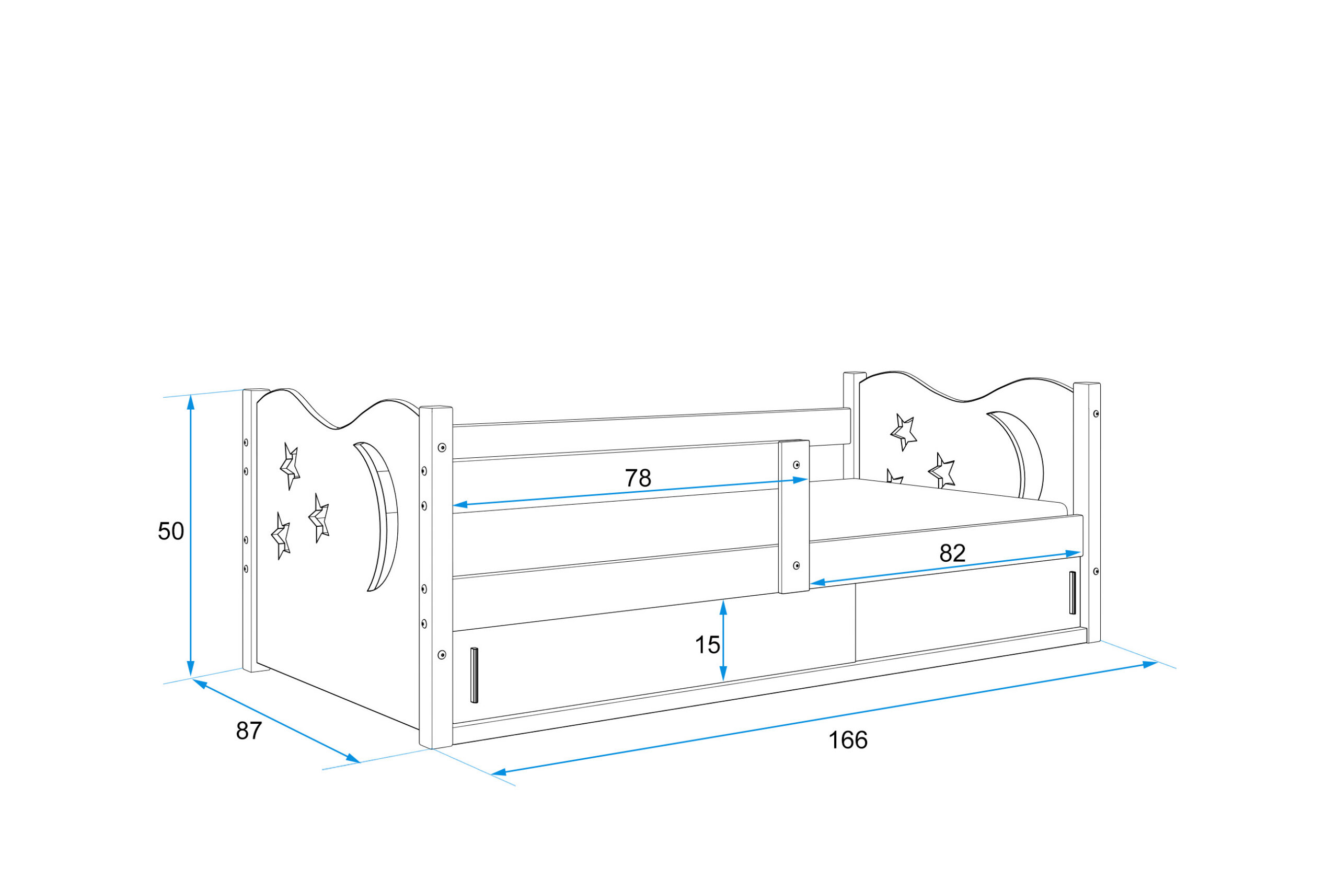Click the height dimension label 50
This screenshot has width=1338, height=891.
pyautogui.click(x=170, y=531)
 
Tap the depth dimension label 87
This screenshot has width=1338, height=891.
pyautogui.click(x=249, y=731)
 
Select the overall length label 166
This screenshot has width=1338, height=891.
pyautogui.click(x=848, y=740)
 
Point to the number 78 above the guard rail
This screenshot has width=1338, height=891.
pyautogui.click(x=638, y=479)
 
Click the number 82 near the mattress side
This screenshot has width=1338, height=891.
pyautogui.click(x=952, y=553)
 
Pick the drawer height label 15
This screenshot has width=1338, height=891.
pyautogui.click(x=707, y=645)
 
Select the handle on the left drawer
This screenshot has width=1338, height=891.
pyautogui.click(x=475, y=675)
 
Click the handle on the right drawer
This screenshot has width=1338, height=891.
pyautogui.click(x=1072, y=593)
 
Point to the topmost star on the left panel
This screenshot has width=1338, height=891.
pyautogui.click(x=290, y=466)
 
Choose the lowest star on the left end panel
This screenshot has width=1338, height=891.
pyautogui.click(x=281, y=536)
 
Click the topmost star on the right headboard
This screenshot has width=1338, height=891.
pyautogui.click(x=903, y=432)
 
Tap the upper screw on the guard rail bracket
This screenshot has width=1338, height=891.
pyautogui.click(x=797, y=465)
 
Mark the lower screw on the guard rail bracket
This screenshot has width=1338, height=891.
pyautogui.click(x=797, y=565)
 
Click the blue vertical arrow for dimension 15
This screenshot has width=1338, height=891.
pyautogui.click(x=723, y=640)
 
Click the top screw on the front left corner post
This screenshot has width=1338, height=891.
pyautogui.click(x=442, y=448)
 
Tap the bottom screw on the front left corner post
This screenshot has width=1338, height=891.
pyautogui.click(x=442, y=655)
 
